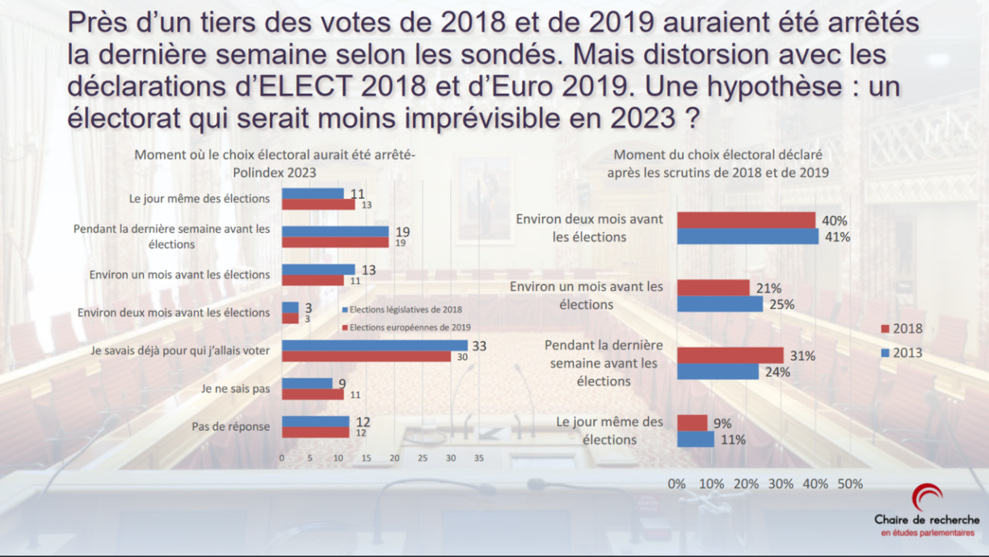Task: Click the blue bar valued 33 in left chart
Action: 374,345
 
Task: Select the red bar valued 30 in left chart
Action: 366,357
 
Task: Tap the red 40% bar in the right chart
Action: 746,220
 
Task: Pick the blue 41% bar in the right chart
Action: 747,236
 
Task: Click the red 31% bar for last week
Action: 730,355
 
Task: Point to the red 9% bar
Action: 692,423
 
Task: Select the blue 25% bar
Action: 720,304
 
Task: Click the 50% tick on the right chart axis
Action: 850,484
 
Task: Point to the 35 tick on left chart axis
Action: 478,458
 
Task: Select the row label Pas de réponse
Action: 230,427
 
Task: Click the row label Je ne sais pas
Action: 235,389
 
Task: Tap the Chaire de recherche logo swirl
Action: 927,497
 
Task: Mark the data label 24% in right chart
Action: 778,373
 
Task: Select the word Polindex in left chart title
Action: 257,172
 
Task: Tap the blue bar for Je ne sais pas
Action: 307,383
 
